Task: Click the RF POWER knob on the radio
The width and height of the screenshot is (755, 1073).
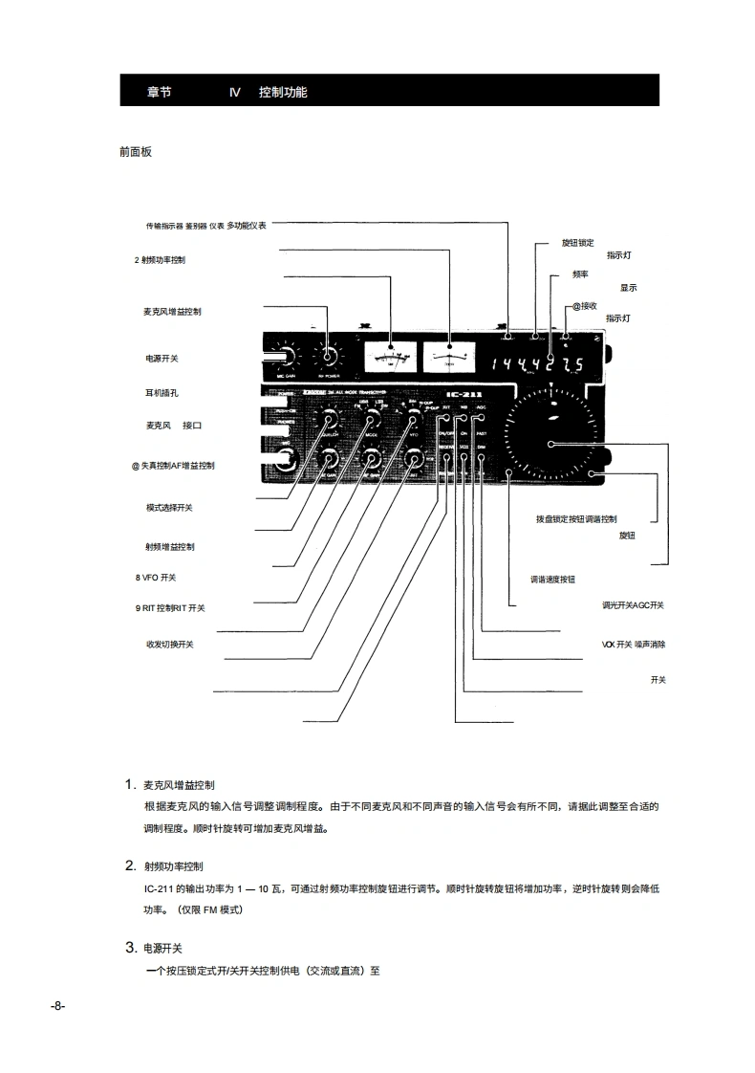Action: tap(329, 357)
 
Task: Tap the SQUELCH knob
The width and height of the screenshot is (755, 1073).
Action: tap(331, 421)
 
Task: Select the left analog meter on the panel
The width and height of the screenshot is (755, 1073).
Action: tap(390, 358)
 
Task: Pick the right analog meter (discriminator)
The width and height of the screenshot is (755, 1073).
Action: tap(448, 358)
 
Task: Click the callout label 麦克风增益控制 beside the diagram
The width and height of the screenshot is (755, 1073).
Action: tap(172, 312)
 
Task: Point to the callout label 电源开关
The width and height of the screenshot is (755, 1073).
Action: tap(162, 359)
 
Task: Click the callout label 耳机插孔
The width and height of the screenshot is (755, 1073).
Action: tap(162, 392)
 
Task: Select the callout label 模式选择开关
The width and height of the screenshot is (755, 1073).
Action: tap(169, 508)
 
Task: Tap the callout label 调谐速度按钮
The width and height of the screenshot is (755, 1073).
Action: tap(552, 580)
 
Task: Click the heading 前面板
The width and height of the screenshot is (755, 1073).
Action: tap(135, 151)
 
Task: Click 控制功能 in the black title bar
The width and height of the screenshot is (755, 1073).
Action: tap(283, 93)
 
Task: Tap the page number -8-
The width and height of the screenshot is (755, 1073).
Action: tap(57, 1006)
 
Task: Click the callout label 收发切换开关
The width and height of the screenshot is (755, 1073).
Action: tap(169, 645)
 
